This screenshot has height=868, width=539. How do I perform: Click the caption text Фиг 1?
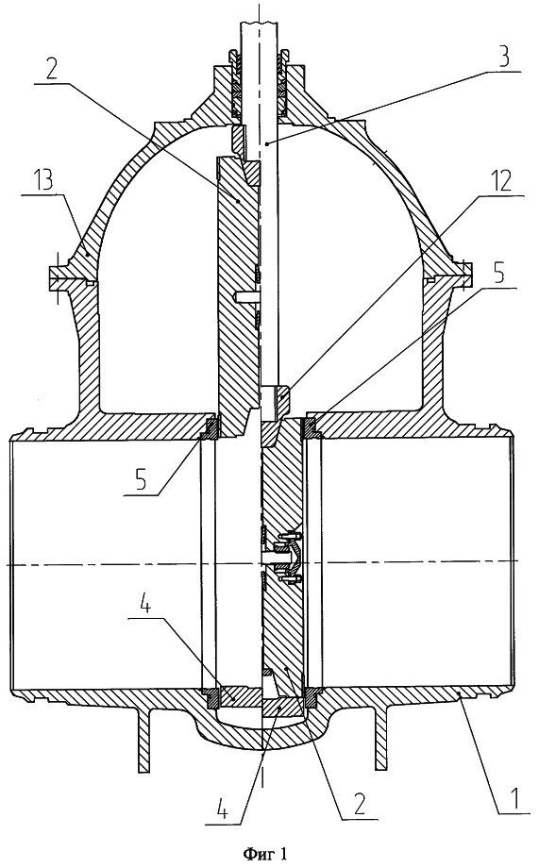265,855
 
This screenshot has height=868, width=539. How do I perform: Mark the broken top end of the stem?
261,24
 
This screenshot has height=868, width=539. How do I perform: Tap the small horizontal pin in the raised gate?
246,296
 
